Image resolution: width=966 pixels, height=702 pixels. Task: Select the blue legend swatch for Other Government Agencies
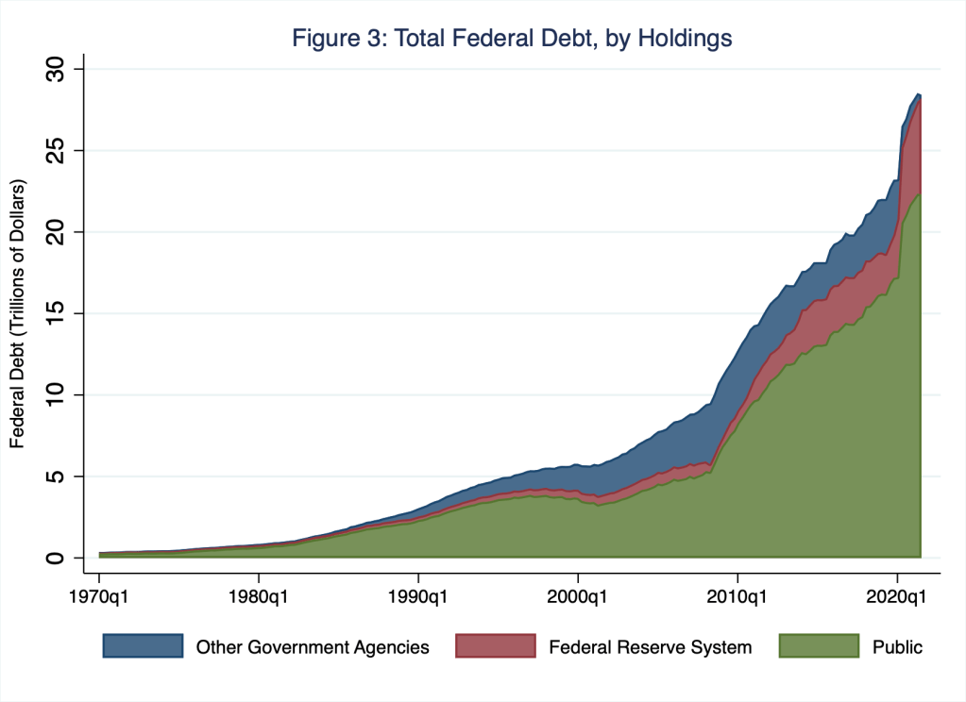tap(143, 646)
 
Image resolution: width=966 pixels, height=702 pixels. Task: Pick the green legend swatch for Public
tap(819, 646)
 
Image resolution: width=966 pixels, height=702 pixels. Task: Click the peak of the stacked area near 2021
tap(918, 93)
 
